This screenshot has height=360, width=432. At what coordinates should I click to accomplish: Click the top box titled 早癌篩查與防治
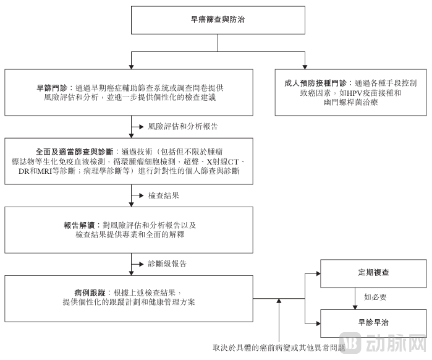(216, 20)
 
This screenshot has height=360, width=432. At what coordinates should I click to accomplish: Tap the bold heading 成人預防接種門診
(315, 82)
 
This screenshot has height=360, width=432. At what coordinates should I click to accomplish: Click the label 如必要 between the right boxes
(375, 297)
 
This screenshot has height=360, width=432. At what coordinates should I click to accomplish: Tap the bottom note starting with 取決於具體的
(278, 348)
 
